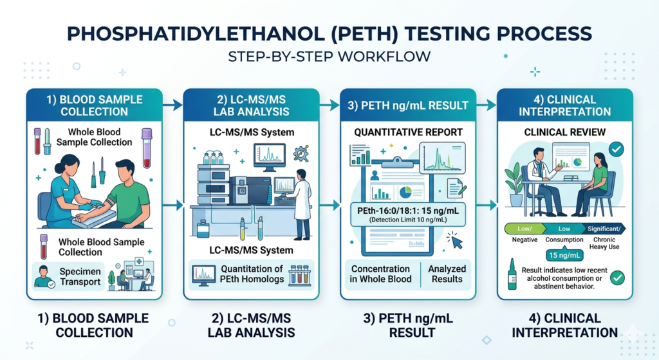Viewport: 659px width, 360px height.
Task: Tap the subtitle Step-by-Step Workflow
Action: [x=329, y=57]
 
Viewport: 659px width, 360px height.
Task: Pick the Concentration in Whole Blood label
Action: [x=381, y=274]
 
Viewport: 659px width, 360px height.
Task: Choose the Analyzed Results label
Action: [x=447, y=274]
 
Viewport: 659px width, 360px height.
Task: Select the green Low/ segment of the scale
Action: [x=524, y=229]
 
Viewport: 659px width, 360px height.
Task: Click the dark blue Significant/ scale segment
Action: [x=605, y=229]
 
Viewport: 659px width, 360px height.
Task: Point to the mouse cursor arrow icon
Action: [x=456, y=241]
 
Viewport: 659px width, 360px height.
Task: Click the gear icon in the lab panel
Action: [x=301, y=153]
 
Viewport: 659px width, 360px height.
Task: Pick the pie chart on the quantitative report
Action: [x=405, y=192]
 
